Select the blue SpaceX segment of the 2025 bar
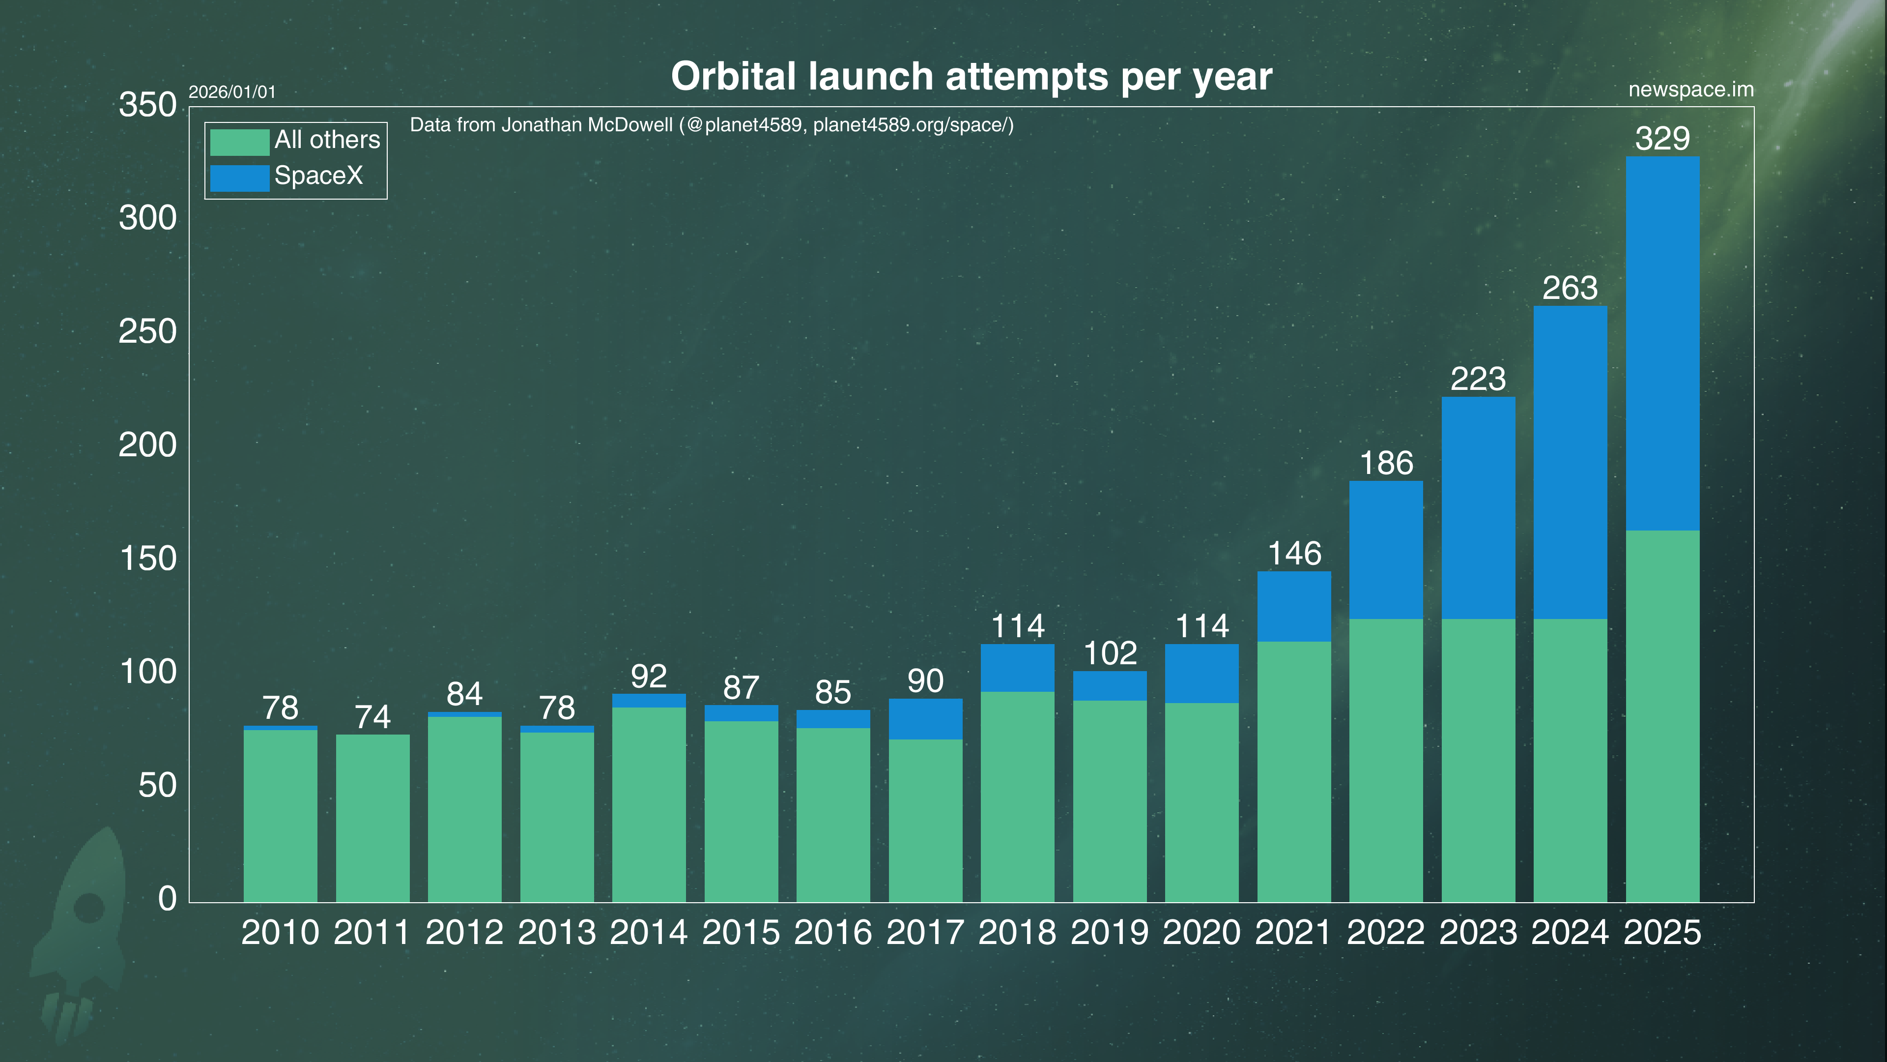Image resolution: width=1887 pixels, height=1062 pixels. (x=1662, y=343)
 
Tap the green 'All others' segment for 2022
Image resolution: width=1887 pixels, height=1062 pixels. (x=1386, y=760)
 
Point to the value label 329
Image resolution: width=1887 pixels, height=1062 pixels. (x=1662, y=139)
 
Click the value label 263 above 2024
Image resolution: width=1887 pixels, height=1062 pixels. (x=1570, y=288)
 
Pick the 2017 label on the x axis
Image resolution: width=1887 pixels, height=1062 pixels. (x=925, y=932)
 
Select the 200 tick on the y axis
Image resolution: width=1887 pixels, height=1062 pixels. (x=147, y=445)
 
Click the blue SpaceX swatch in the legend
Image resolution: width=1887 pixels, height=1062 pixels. (x=239, y=178)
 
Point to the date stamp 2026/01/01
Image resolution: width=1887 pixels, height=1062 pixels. (x=232, y=92)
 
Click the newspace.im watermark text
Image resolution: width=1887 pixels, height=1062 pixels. (x=1690, y=89)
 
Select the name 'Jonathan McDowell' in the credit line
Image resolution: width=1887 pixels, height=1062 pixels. (x=586, y=125)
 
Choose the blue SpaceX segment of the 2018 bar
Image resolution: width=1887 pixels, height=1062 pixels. (x=1018, y=668)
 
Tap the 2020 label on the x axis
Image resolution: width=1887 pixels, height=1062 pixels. (x=1201, y=932)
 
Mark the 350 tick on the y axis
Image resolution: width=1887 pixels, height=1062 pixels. (x=147, y=105)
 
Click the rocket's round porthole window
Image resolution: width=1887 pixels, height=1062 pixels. (x=89, y=907)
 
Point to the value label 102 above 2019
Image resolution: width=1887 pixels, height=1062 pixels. (x=1110, y=653)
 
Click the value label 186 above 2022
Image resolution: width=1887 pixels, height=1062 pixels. (x=1386, y=463)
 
